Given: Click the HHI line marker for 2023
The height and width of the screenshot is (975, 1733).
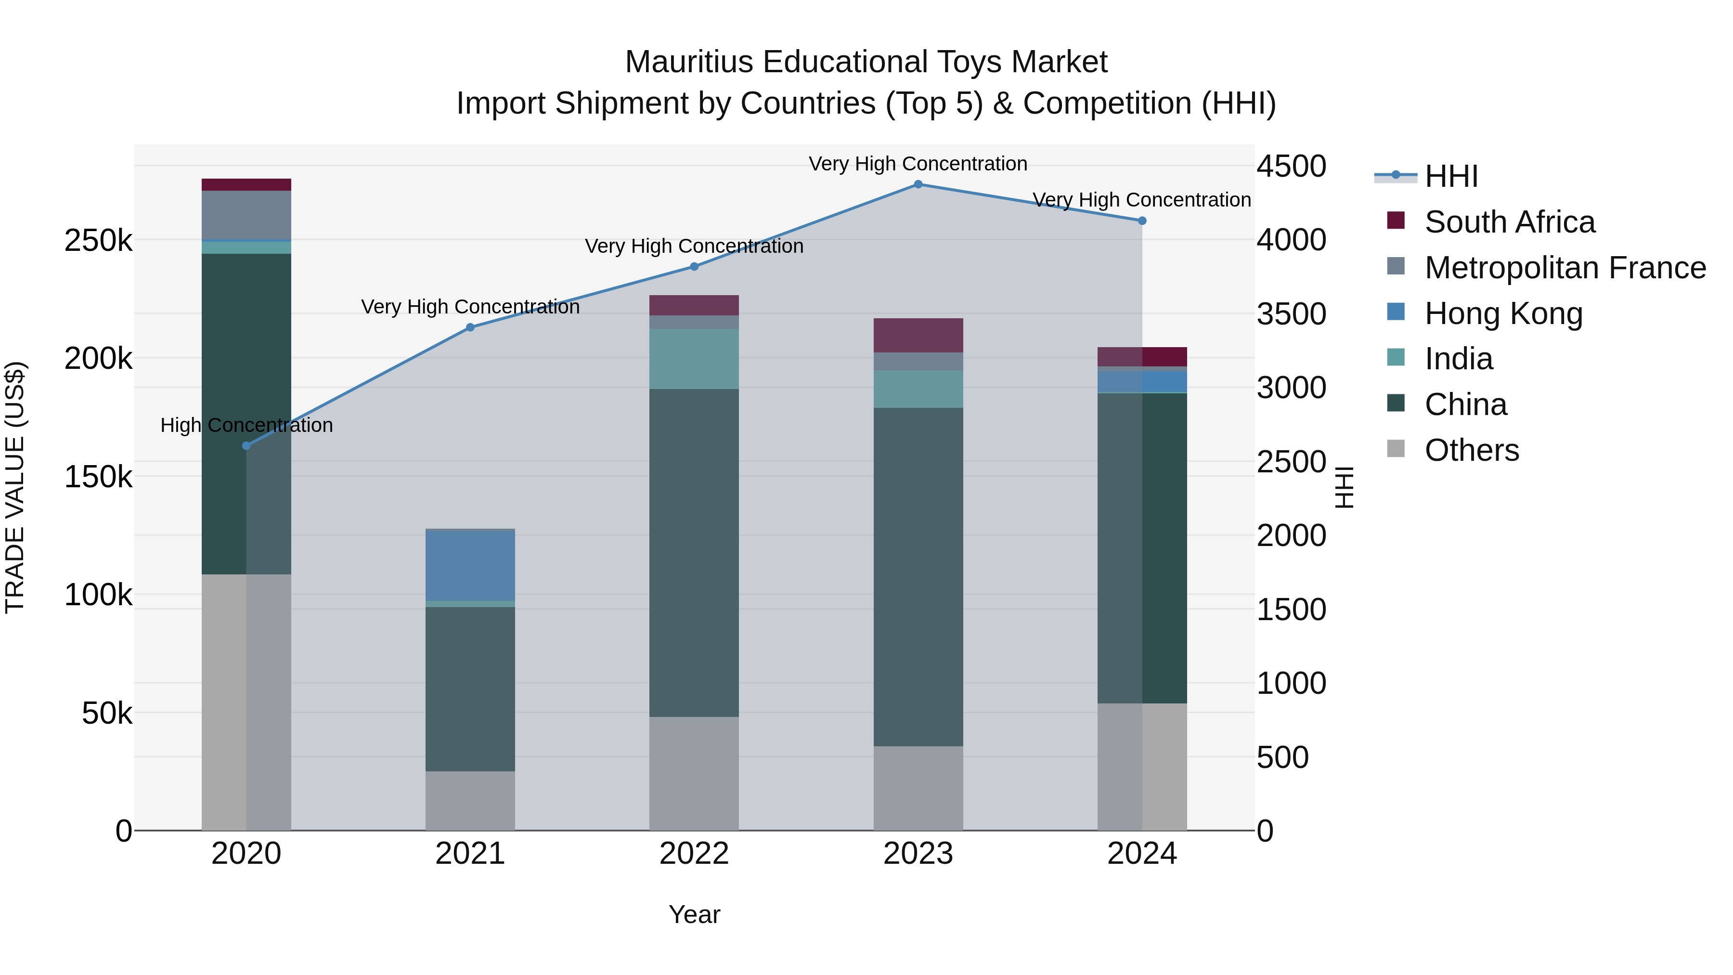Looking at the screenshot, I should (918, 184).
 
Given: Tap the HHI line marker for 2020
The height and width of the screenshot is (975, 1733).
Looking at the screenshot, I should (246, 445).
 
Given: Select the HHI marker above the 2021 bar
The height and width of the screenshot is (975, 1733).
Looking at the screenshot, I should (470, 328).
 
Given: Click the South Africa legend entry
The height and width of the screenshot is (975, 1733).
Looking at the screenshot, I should (1509, 222).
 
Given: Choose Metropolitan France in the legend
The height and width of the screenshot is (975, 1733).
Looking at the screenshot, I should (1565, 268).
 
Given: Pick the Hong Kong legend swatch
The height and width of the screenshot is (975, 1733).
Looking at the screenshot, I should (1396, 313).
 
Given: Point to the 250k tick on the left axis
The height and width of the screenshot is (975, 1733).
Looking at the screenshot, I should (98, 241).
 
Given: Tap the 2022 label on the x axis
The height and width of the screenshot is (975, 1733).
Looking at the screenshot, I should (694, 854).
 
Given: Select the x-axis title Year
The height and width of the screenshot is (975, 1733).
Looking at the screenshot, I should (694, 914).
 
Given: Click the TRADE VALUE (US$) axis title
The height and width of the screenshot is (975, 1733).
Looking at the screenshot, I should (15, 487).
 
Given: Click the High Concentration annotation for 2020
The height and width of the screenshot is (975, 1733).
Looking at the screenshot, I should (246, 425).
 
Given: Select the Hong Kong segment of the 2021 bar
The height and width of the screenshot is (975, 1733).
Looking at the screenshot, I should (470, 565).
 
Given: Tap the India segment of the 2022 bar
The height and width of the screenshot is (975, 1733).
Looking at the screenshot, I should (694, 359).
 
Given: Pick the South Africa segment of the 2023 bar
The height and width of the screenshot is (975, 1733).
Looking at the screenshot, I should (918, 335).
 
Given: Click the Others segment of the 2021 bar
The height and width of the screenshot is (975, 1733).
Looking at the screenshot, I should (470, 800).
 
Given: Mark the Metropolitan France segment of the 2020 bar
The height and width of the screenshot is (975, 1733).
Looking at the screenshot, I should (246, 215).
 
